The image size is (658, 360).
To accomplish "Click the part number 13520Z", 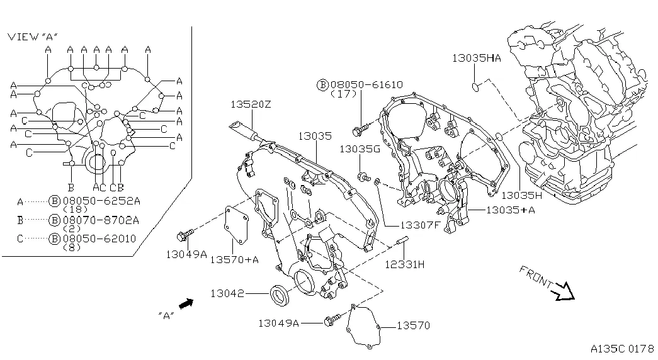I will tap(250, 104).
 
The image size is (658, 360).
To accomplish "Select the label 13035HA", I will tap(476, 58).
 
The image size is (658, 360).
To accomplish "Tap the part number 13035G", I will tap(360, 149).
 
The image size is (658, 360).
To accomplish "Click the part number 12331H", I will tap(404, 264).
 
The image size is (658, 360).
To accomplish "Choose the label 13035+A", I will tap(511, 210).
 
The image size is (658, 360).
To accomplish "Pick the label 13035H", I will tap(522, 195).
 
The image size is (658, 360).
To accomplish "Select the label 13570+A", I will tap(234, 259).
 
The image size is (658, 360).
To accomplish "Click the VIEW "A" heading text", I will tap(33, 37).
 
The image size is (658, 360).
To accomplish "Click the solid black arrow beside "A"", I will tap(185, 304).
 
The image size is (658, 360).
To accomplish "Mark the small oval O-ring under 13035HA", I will tap(477, 84).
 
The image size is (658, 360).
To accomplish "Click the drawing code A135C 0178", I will tap(622, 348).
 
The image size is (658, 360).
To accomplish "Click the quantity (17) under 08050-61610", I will tap(343, 94).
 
